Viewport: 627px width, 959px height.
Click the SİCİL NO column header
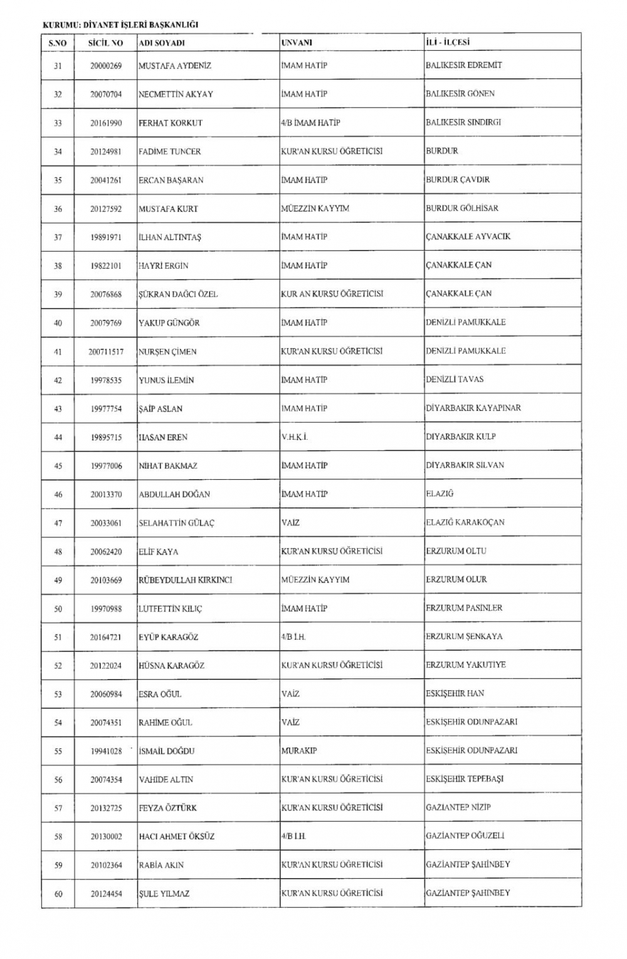(105, 43)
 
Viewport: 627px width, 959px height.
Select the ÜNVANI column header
(297, 43)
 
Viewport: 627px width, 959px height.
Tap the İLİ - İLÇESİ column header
(448, 43)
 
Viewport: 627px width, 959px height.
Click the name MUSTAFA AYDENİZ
(175, 66)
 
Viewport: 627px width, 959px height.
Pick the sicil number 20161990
(105, 123)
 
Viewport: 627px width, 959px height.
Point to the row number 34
(58, 152)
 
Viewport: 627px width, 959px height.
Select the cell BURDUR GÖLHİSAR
(462, 209)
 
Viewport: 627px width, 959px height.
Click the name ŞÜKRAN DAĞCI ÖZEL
(178, 294)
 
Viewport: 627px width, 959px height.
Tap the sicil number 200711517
(105, 352)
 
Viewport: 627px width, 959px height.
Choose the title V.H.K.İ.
(294, 437)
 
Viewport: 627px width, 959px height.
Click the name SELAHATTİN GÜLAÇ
(176, 523)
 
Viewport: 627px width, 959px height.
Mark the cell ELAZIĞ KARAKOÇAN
(465, 522)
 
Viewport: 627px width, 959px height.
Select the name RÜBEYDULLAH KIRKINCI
(185, 580)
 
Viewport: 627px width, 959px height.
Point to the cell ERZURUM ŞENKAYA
(464, 636)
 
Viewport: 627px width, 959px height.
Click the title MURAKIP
(299, 751)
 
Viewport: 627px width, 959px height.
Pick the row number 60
(58, 894)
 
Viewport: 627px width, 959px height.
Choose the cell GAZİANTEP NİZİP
(458, 807)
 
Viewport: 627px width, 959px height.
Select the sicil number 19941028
(105, 751)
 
